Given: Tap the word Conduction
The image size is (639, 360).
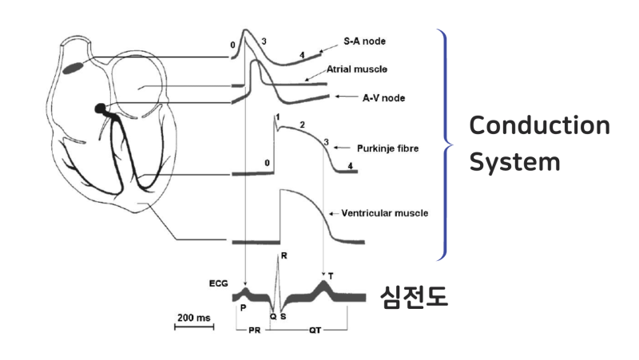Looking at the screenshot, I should click(539, 126).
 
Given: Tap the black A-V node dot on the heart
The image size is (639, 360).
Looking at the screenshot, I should click(101, 108).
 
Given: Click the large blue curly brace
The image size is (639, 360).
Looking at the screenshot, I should click(444, 144).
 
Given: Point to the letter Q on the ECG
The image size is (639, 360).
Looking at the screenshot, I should click(272, 315).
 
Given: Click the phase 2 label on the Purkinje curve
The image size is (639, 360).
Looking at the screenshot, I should click(302, 125).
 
